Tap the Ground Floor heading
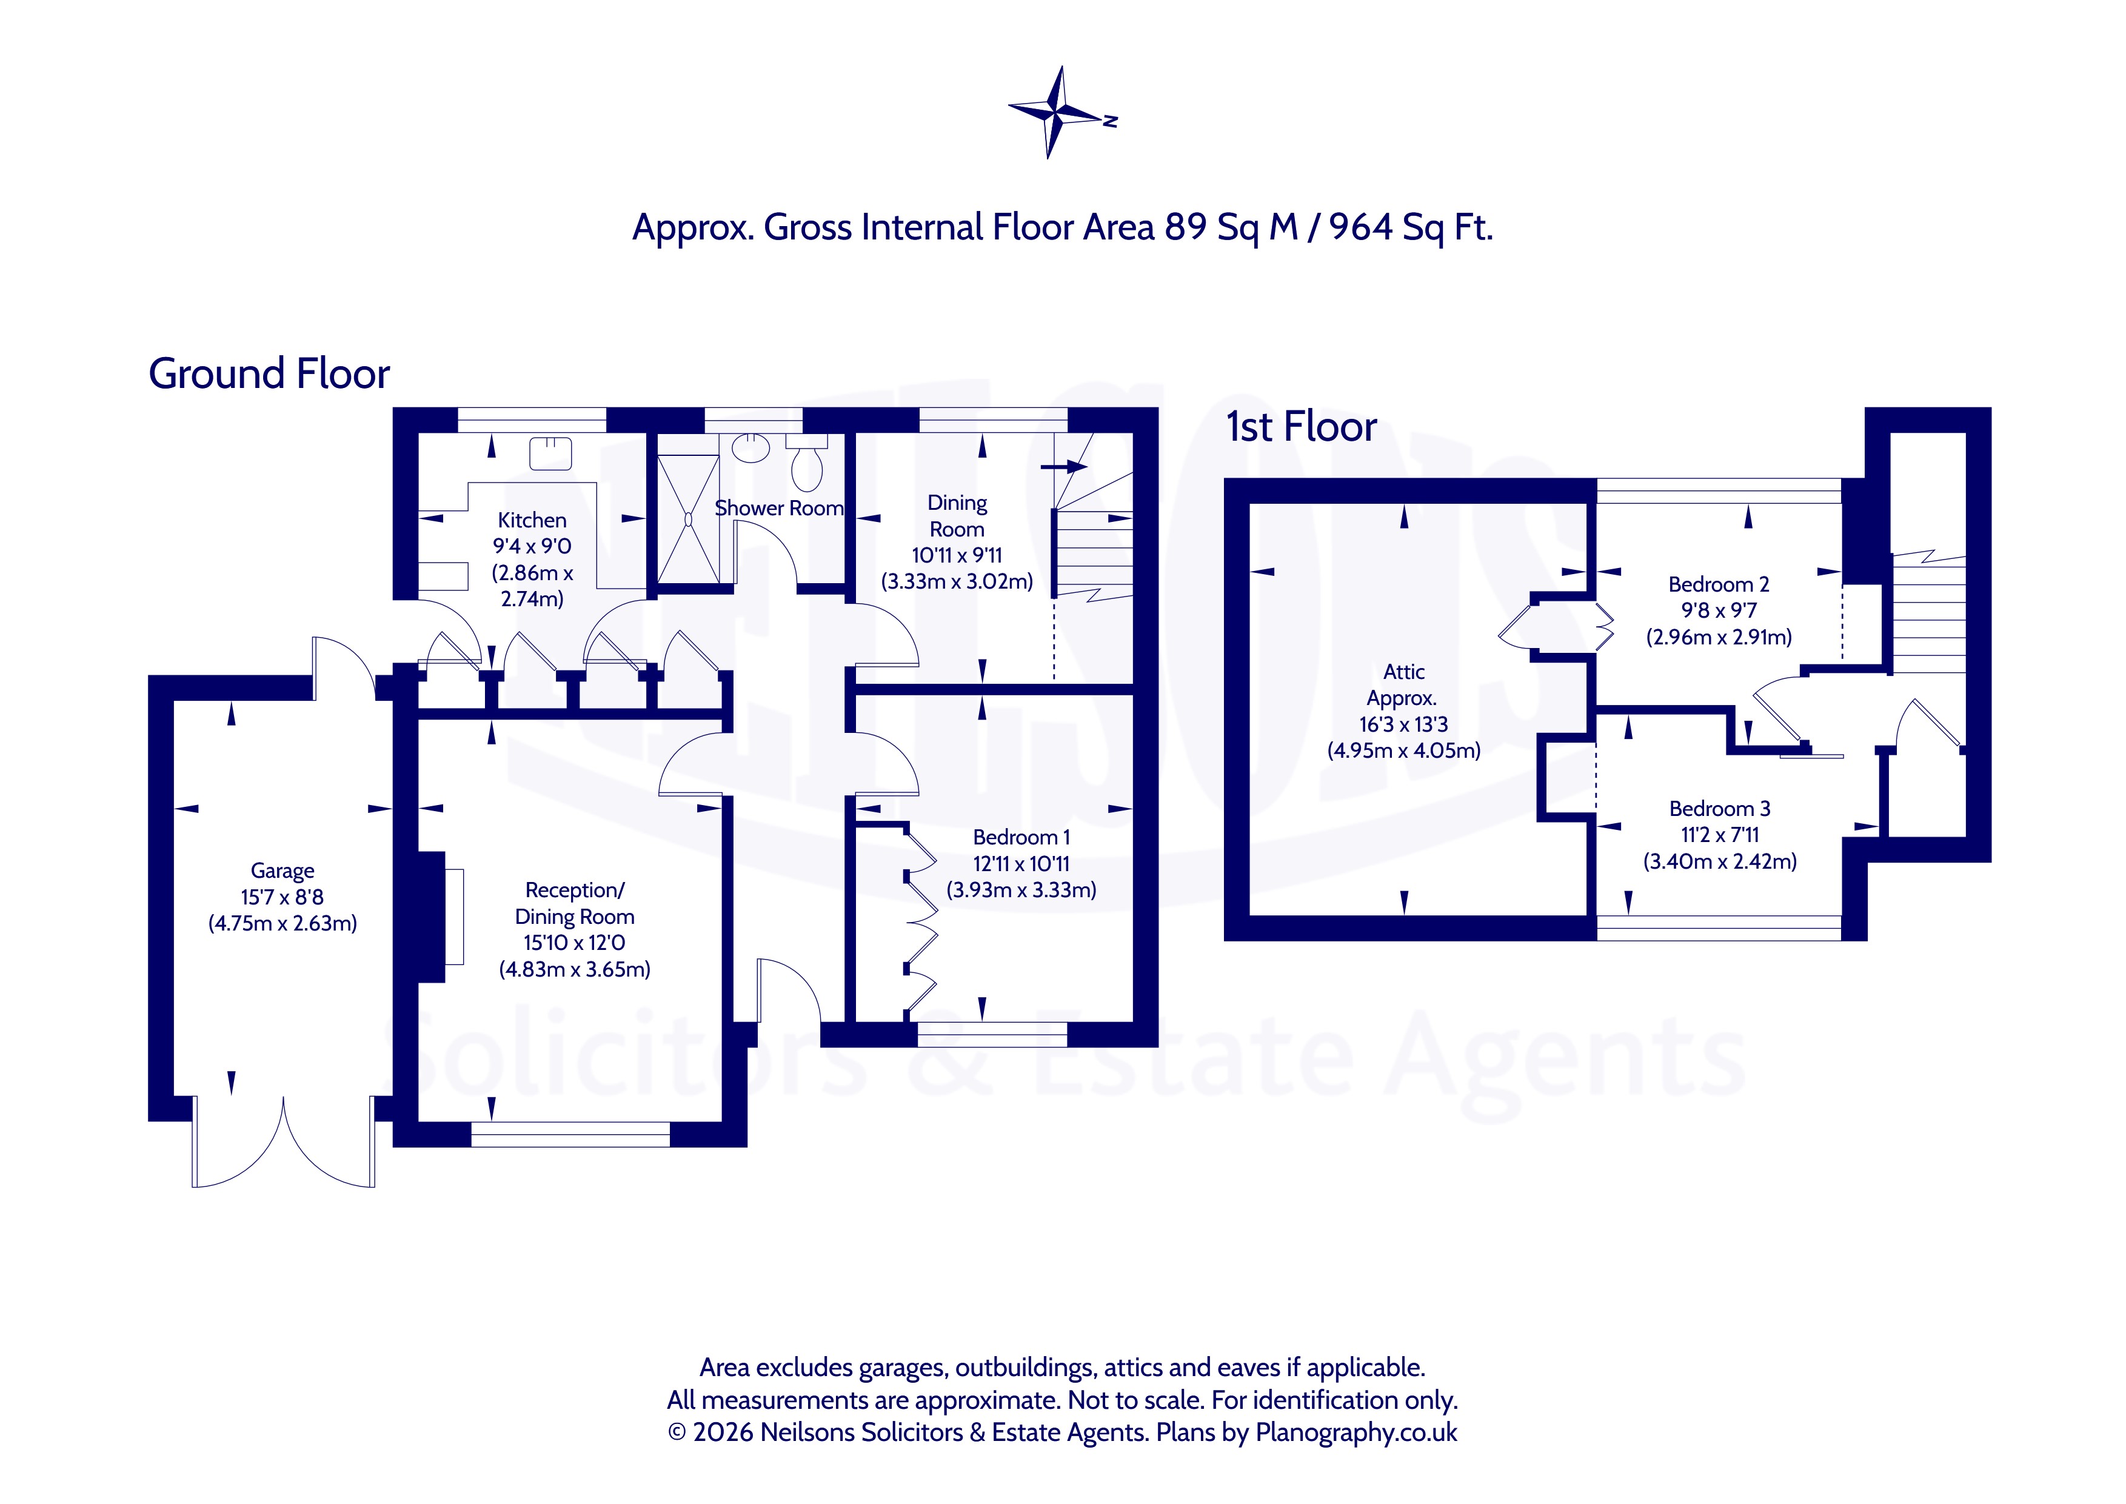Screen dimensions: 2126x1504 [269, 373]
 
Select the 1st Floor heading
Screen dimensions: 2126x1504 [1301, 427]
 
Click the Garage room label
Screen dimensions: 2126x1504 [282, 871]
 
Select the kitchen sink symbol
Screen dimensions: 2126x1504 [551, 453]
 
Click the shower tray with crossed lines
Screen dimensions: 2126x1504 [688, 519]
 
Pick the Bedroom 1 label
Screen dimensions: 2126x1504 [1021, 837]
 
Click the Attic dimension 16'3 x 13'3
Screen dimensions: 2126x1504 [1404, 724]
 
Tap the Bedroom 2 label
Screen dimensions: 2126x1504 [1719, 584]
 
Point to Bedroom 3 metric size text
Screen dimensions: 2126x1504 [1719, 861]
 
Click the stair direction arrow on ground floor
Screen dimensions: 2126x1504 [1063, 466]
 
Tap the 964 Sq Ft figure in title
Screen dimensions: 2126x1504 [1411, 227]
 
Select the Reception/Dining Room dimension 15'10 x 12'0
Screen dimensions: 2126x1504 [574, 943]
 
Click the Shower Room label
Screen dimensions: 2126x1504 [779, 509]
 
